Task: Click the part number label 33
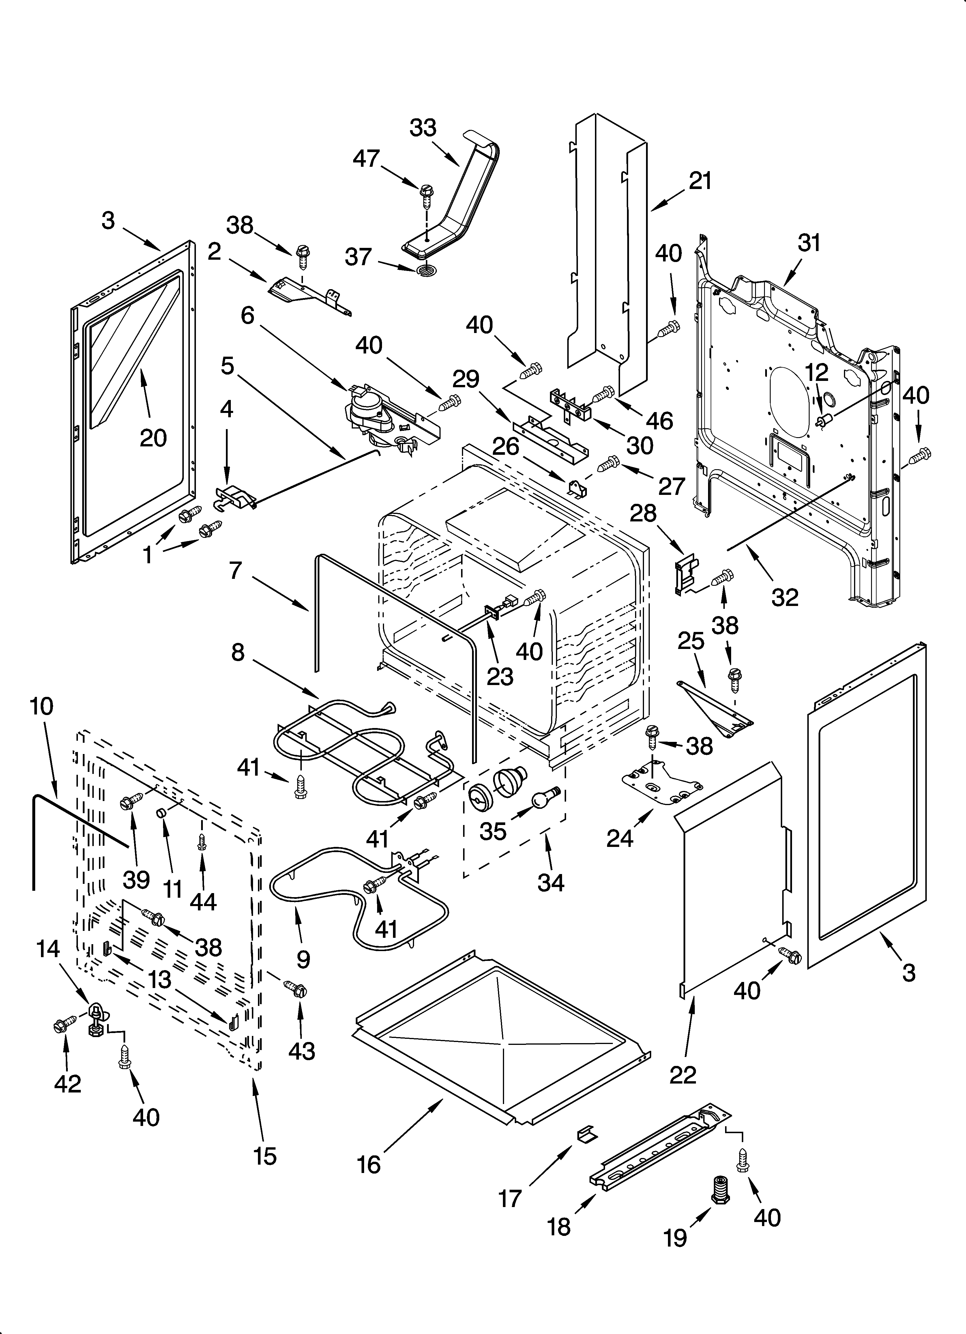423,128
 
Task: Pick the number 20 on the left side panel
153,438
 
